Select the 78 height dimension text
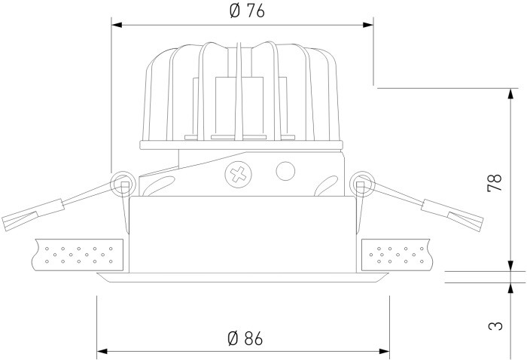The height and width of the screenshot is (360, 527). [x=494, y=182]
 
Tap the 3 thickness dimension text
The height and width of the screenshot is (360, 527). [x=494, y=325]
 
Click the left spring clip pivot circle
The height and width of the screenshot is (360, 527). [x=121, y=182]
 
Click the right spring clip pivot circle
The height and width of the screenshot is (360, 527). [x=362, y=182]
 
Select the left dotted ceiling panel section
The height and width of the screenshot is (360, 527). [x=78, y=254]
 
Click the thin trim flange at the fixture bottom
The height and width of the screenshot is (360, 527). [x=242, y=278]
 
